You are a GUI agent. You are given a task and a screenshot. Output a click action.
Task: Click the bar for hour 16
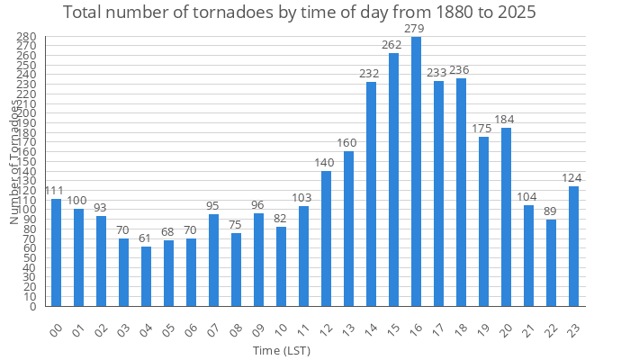[416, 171]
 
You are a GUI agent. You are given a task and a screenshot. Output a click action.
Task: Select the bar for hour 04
[146, 276]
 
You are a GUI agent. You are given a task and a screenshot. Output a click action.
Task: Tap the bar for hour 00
[56, 252]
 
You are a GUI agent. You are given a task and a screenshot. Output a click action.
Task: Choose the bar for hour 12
[326, 238]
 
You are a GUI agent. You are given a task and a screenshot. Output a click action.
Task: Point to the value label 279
[414, 30]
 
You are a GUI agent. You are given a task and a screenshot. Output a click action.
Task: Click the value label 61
[146, 238]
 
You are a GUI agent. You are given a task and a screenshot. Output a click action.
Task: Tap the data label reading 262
[391, 45]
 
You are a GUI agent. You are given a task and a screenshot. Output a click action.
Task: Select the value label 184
[505, 120]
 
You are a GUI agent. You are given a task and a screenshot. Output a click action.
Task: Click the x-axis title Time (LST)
[281, 350]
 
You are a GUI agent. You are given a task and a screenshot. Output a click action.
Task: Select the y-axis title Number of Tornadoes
[14, 162]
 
